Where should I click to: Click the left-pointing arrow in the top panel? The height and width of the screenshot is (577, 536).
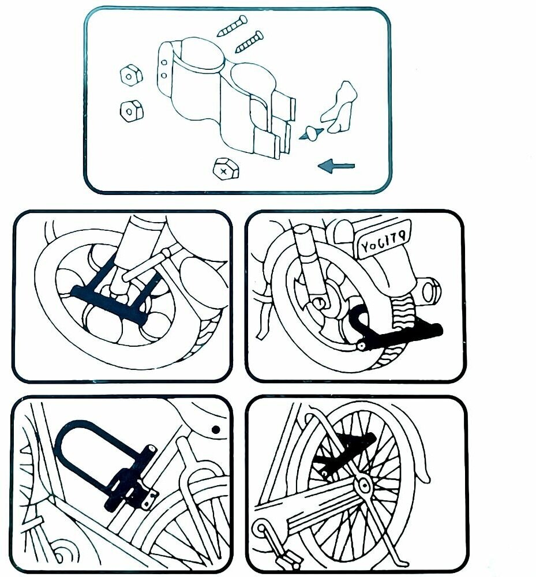coord(336,167)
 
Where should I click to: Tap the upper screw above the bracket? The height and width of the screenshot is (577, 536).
coord(232,26)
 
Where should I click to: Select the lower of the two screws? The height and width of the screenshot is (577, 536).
coord(249,42)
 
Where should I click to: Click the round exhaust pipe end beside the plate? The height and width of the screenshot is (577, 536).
coord(430,288)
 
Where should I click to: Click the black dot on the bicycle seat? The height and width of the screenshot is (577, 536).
coord(215,429)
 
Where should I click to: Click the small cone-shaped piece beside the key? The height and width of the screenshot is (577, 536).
coord(313,134)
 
